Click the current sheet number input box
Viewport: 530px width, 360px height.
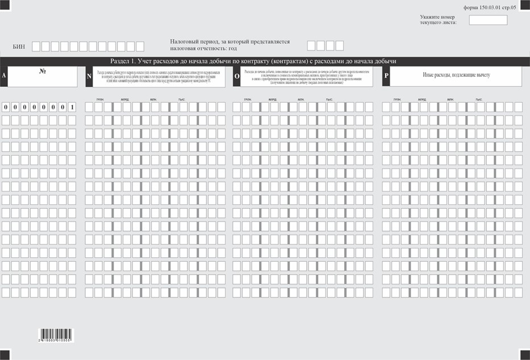(488, 20)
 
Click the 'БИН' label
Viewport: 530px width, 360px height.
(19, 47)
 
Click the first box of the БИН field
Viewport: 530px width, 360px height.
(36, 47)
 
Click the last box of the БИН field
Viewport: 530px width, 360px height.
(140, 47)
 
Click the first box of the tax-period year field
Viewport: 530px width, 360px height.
(311, 45)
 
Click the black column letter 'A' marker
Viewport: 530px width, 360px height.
(4, 76)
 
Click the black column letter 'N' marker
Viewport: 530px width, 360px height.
(89, 76)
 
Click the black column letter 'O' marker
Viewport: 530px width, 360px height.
(237, 76)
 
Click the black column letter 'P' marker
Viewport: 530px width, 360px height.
(386, 76)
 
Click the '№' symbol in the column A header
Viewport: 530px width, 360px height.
(42, 72)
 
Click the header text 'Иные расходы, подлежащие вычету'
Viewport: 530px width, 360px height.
(456, 75)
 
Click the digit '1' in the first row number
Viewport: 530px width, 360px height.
(72, 107)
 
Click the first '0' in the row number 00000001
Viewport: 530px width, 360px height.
(6, 107)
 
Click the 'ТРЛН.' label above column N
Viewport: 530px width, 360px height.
(100, 99)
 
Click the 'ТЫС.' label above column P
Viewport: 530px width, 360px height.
(479, 99)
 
